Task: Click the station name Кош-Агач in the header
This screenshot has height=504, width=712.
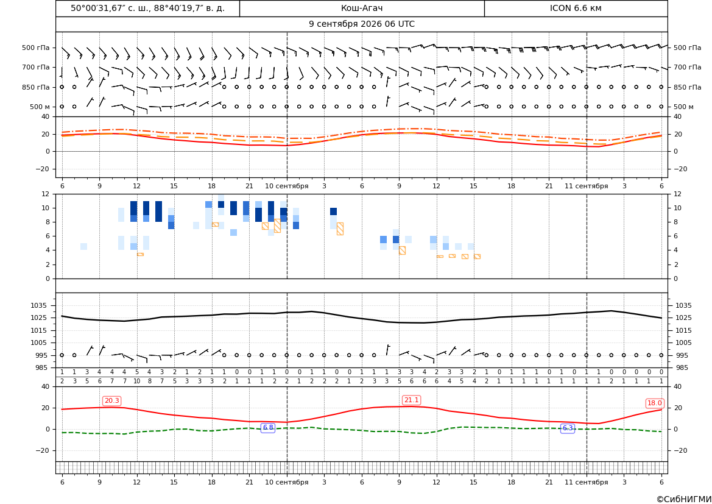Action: [361, 8]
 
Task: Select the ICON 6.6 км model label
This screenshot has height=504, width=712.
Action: [576, 8]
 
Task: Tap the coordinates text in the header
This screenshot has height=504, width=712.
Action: [147, 8]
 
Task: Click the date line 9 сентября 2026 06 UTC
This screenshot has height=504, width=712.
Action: [361, 24]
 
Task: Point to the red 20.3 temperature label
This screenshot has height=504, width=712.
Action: [111, 401]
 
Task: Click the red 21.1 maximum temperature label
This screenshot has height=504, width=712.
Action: [411, 400]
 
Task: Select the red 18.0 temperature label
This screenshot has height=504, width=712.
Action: [654, 403]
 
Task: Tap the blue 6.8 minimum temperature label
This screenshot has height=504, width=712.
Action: [268, 428]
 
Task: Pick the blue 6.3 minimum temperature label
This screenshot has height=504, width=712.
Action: [568, 428]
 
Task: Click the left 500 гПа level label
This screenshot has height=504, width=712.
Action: [36, 48]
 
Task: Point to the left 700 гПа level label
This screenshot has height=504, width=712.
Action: [36, 67]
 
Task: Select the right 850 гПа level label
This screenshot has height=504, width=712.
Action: [687, 87]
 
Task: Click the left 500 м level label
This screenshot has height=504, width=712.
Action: [40, 107]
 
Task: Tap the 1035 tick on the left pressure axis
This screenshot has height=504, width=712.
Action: [40, 305]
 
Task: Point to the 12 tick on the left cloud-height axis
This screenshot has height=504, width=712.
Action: [46, 194]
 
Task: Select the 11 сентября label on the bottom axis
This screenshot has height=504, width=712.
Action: [586, 482]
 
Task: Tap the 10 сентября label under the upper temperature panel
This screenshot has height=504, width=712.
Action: [286, 186]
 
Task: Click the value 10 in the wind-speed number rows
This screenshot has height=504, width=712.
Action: [136, 381]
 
